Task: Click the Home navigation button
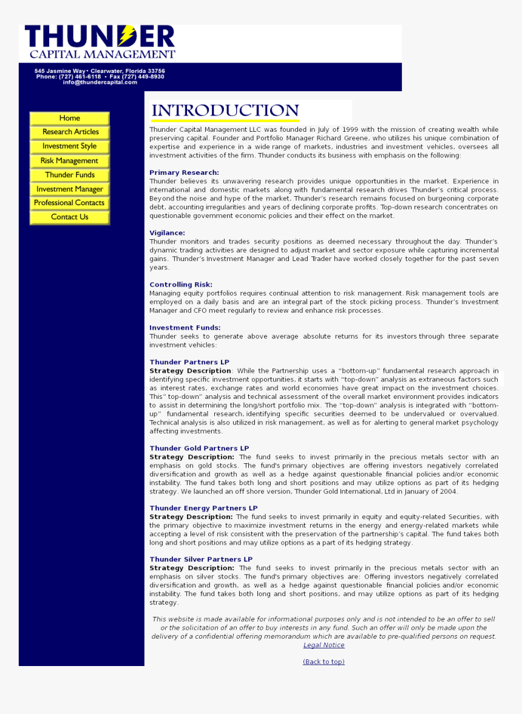pyautogui.click(x=70, y=118)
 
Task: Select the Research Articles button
pyautogui.click(x=70, y=132)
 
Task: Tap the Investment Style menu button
pyautogui.click(x=70, y=146)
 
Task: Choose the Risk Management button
pyautogui.click(x=70, y=161)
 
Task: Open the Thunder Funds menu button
pyautogui.click(x=70, y=175)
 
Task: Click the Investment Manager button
pyautogui.click(x=70, y=189)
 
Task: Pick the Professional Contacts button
pyautogui.click(x=70, y=203)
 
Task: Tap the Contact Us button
pyautogui.click(x=70, y=217)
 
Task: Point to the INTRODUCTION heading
pyautogui.click(x=225, y=110)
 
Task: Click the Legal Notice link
pyautogui.click(x=324, y=645)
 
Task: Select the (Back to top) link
pyautogui.click(x=324, y=662)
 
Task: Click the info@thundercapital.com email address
pyautogui.click(x=100, y=82)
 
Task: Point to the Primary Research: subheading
pyautogui.click(x=184, y=173)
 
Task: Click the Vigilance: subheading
pyautogui.click(x=167, y=233)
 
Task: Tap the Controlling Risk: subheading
pyautogui.click(x=181, y=285)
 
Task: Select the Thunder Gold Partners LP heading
pyautogui.click(x=199, y=449)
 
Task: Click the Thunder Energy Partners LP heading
pyautogui.click(x=203, y=508)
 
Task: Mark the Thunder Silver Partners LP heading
pyautogui.click(x=201, y=559)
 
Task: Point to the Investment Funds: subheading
pyautogui.click(x=185, y=328)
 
